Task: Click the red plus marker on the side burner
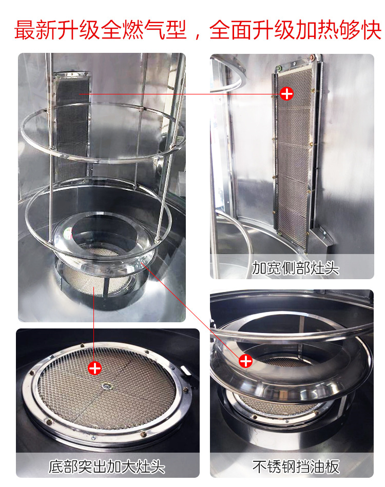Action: click(286, 93)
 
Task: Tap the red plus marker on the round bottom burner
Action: click(94, 368)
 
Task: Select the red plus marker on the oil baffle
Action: click(245, 361)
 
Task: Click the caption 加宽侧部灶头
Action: click(295, 268)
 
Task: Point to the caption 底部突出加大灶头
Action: click(107, 466)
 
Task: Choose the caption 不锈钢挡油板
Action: click(296, 466)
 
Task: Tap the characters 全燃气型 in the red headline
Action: click(144, 30)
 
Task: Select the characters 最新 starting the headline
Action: click(36, 30)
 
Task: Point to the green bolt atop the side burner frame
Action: click(280, 67)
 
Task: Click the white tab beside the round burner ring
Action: click(185, 371)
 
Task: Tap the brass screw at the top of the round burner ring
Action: click(82, 345)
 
